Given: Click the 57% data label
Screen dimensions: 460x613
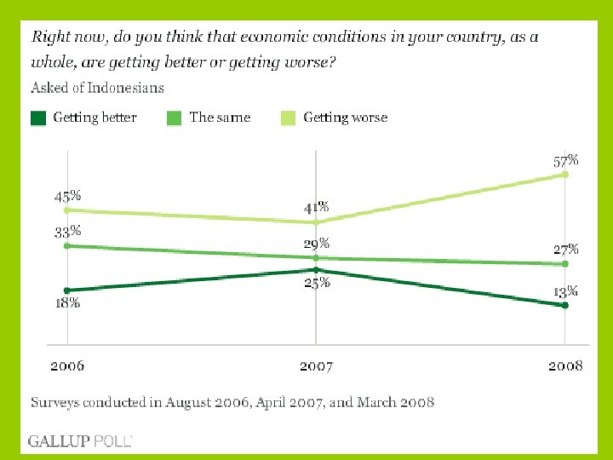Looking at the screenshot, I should [567, 160].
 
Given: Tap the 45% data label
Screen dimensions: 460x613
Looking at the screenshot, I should [68, 196].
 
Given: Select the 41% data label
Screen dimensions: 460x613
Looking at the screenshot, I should [316, 208].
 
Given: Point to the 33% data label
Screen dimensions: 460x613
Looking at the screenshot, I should [68, 231].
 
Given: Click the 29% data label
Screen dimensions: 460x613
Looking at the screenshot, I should [318, 244].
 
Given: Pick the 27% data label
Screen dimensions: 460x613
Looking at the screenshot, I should [567, 250].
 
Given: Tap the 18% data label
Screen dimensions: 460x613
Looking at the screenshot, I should [68, 302].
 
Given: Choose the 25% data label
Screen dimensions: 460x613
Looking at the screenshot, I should [318, 284].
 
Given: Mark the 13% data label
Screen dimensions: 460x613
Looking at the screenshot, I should [566, 291].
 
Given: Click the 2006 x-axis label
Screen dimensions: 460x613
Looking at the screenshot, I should [67, 366].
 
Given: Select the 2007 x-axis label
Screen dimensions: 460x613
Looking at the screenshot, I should [316, 366].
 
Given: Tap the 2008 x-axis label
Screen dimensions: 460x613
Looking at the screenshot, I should [565, 366].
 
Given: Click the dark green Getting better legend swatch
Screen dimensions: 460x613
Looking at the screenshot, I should [38, 118].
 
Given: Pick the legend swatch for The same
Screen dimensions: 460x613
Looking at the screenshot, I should [175, 118].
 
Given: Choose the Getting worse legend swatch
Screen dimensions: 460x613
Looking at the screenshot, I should [289, 118].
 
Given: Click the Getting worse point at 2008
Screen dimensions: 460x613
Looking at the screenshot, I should [565, 175].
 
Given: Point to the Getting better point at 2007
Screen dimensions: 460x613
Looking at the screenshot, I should [316, 270].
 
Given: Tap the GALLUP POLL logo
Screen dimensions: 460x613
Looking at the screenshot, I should [80, 440].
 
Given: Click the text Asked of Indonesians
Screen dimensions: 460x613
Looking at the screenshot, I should [98, 88].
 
